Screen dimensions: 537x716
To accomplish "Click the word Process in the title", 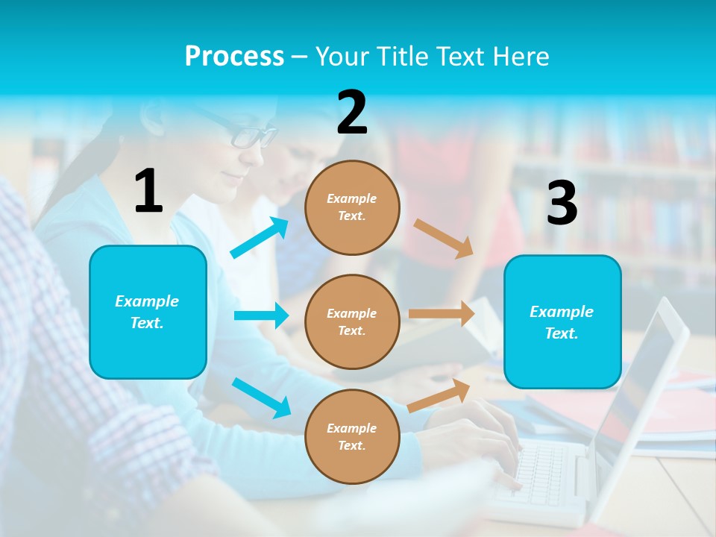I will tap(234, 56).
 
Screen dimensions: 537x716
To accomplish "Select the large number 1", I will tap(148, 191).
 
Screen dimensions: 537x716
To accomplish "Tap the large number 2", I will tap(352, 113).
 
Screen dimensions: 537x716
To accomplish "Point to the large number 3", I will tap(562, 203).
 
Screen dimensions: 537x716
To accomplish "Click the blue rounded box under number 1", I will tap(148, 312).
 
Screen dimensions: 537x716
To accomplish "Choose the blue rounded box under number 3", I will tap(562, 321).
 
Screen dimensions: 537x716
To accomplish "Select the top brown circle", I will tap(352, 207).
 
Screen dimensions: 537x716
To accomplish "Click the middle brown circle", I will tap(352, 321).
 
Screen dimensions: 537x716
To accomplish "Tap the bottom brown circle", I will tap(352, 436).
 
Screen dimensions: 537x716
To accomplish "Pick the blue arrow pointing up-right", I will tap(260, 238).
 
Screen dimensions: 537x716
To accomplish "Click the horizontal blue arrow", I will tap(261, 315).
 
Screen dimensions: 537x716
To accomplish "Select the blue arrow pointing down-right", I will tap(261, 398).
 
